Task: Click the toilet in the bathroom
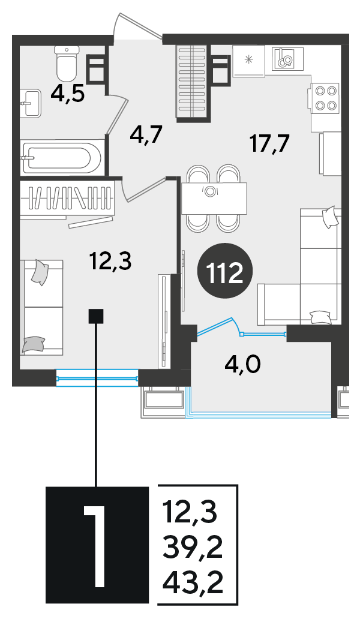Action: point(67,64)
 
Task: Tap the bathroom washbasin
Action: point(31,103)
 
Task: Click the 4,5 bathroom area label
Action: point(67,95)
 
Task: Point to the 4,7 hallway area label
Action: point(146,136)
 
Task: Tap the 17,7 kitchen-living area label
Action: point(269,143)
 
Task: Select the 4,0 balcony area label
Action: point(242,363)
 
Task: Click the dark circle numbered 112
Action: point(226,274)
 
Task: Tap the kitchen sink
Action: point(287,58)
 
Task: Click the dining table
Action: point(214,199)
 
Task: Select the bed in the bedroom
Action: point(42,307)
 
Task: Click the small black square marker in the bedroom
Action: point(95,316)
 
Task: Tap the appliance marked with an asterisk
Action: point(248,61)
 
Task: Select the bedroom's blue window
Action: point(97,377)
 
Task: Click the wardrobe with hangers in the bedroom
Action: point(67,198)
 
